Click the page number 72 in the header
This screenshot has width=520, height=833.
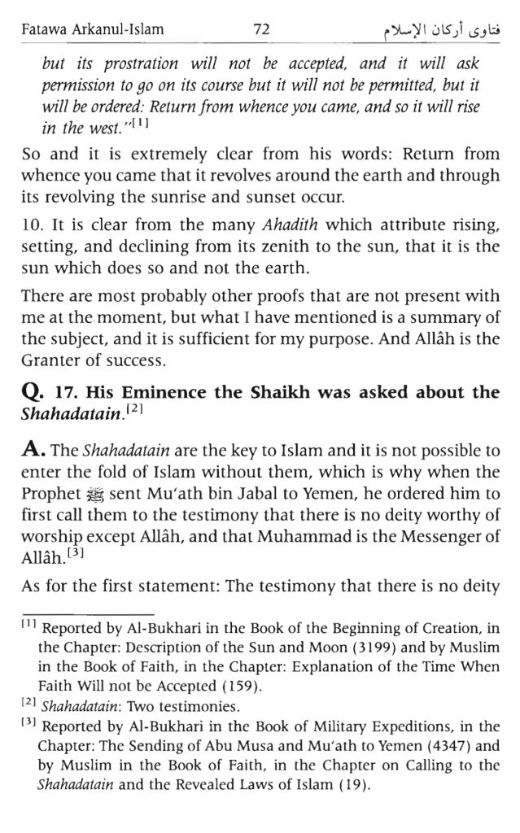[260, 30]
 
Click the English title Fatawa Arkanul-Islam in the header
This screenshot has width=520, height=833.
[91, 31]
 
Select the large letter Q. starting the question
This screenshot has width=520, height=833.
[33, 393]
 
